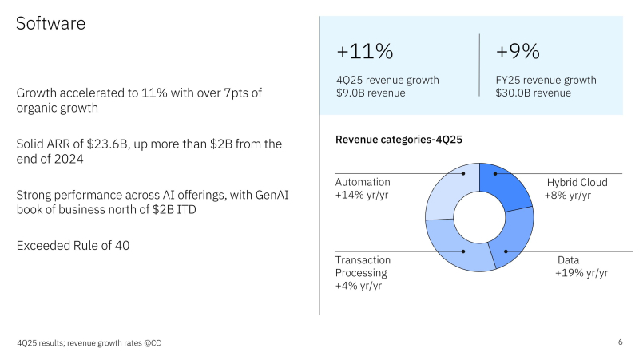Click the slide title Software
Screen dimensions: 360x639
[51, 24]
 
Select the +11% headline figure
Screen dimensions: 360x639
[365, 52]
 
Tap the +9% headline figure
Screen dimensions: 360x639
[518, 52]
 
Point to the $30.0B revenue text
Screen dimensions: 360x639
[533, 93]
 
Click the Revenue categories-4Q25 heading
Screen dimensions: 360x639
[399, 140]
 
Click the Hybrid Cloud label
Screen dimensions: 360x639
[577, 182]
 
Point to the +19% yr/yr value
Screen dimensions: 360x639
[581, 273]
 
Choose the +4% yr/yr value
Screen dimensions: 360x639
[359, 286]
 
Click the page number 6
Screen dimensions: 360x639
[621, 342]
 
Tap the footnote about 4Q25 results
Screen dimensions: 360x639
[93, 343]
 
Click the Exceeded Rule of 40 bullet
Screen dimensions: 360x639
[73, 246]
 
